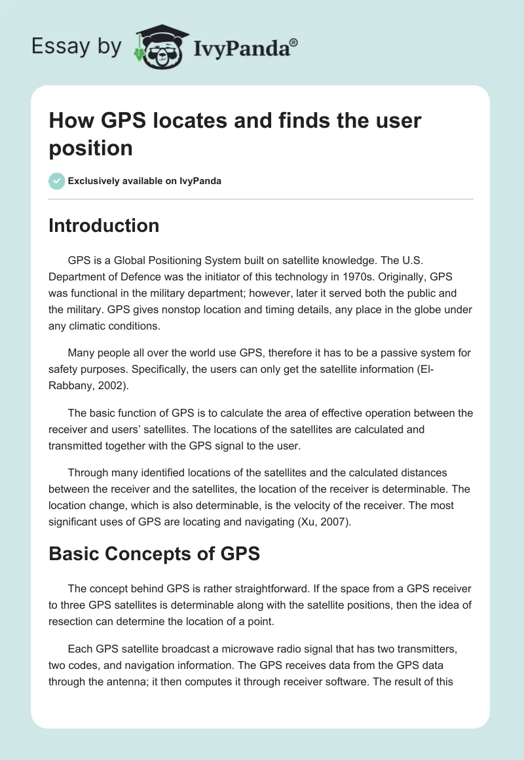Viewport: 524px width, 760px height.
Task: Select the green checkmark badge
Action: (57, 181)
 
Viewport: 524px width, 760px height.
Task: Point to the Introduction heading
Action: (103, 225)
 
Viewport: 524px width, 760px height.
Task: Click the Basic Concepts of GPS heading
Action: (154, 554)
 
